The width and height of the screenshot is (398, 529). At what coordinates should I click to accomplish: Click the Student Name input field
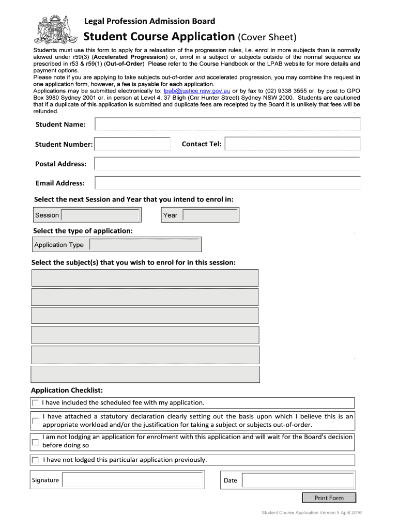[x=227, y=125]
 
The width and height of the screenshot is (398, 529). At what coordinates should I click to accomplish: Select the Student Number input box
[x=132, y=144]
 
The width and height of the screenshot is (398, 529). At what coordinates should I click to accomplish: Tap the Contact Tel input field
[x=293, y=144]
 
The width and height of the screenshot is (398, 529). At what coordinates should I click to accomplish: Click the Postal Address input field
[x=227, y=164]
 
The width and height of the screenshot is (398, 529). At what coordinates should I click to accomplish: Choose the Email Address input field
[x=227, y=183]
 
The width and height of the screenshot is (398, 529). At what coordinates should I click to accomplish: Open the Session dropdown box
[x=101, y=215]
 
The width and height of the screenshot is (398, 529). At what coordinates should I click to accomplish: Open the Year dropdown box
[x=210, y=215]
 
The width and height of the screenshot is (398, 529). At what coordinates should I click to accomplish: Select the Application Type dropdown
[x=144, y=244]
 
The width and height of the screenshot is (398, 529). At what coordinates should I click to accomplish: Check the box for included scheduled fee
[x=35, y=403]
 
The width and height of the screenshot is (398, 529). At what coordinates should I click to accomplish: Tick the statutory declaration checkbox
[x=35, y=421]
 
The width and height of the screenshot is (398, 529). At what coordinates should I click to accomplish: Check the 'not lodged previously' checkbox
[x=35, y=460]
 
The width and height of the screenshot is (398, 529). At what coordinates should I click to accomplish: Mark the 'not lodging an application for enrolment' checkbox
[x=35, y=442]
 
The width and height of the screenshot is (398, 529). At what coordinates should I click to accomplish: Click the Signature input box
[x=133, y=480]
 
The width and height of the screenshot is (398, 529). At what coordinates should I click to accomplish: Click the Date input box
[x=298, y=480]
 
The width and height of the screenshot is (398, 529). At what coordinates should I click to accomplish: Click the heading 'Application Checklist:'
[x=67, y=390]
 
